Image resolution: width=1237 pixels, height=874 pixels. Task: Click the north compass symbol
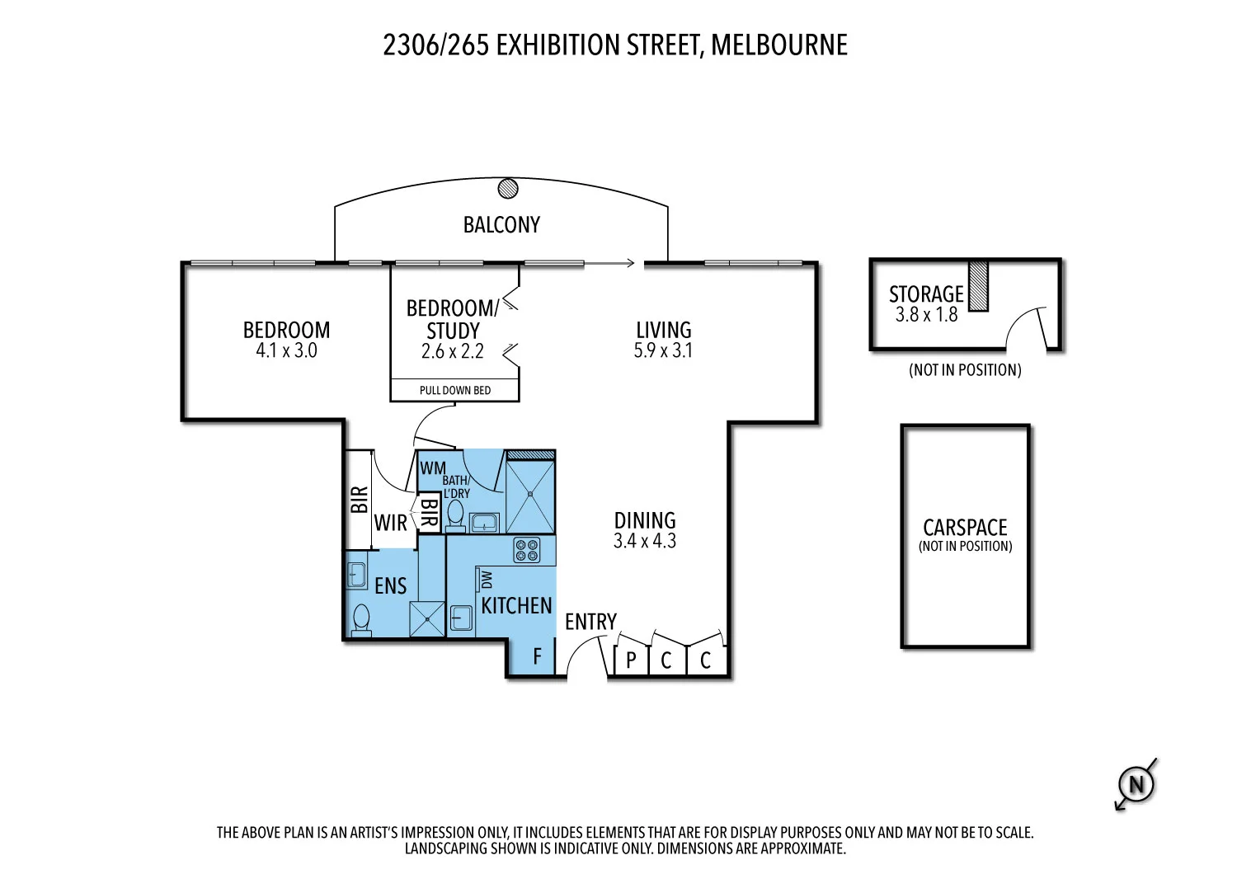click(1136, 784)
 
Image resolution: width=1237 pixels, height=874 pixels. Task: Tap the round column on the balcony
click(508, 188)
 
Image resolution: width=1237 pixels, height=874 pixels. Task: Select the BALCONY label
click(501, 225)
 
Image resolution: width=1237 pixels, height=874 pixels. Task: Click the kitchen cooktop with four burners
click(527, 550)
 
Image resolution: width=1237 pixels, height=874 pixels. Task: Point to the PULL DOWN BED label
click(454, 390)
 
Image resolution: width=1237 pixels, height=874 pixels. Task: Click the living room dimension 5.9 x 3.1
click(663, 350)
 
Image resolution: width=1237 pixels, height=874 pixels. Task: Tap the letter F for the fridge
click(537, 656)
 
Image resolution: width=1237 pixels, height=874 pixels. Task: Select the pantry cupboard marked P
click(631, 660)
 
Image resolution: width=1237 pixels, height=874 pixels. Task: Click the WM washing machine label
click(432, 468)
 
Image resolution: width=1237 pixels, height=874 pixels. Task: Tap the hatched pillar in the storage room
click(978, 286)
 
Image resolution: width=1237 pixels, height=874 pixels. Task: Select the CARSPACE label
click(965, 528)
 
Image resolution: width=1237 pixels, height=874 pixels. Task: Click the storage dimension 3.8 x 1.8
click(926, 315)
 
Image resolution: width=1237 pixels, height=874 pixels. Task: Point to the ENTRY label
click(590, 622)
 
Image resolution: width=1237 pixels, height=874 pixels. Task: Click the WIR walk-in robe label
click(390, 523)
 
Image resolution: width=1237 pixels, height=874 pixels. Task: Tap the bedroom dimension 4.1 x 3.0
click(286, 350)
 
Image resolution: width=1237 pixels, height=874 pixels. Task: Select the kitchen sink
click(462, 618)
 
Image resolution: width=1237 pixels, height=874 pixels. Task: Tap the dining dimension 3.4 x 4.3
click(644, 541)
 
